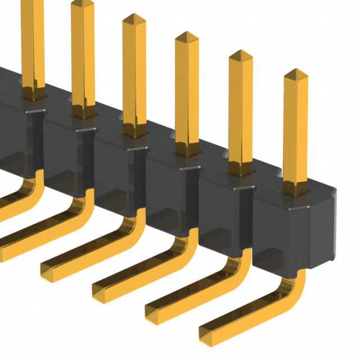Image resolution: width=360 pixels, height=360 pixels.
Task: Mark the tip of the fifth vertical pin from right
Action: pos(82,4)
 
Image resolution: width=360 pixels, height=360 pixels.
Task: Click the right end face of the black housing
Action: pos(321,231)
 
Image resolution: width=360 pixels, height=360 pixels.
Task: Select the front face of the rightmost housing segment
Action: pos(278,231)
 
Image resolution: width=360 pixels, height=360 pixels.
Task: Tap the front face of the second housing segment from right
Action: pos(220,214)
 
